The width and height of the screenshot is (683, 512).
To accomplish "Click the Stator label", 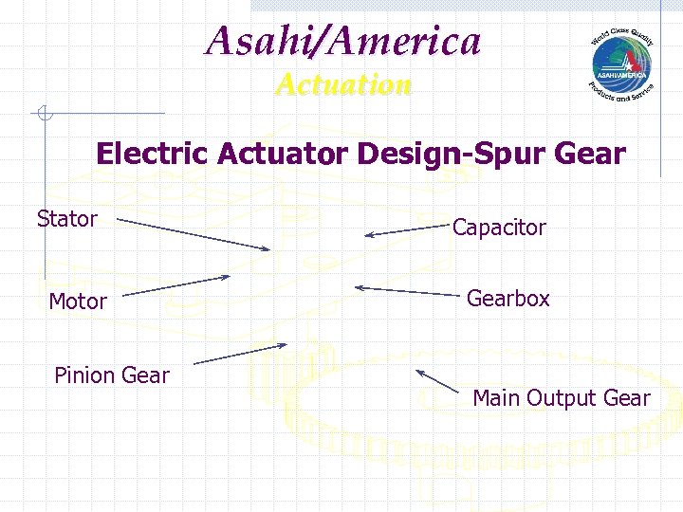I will coord(66,219).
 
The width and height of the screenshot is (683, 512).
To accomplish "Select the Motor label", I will coord(77,302).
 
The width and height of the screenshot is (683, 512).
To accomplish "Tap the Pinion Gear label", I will coord(111,375).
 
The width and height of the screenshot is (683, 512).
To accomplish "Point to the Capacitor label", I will coord(499,228).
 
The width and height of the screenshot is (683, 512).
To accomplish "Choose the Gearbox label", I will coord(508,299).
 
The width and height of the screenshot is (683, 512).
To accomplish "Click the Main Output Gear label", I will coord(561,398).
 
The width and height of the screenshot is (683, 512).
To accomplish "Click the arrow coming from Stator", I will coord(194,235).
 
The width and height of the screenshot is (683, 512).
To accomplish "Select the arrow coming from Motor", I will coord(176,285).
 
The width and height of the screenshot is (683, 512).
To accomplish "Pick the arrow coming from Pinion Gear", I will coord(239,354).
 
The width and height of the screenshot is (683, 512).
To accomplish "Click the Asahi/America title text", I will coord(343,42).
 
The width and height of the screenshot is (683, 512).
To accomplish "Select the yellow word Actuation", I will coord(343,85).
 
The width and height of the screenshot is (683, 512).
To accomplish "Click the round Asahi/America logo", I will coord(621,62).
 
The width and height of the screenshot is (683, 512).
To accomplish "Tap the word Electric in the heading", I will coord(153,154).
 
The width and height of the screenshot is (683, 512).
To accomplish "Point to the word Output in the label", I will coord(568,398).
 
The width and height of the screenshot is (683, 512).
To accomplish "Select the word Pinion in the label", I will coord(83,375).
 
